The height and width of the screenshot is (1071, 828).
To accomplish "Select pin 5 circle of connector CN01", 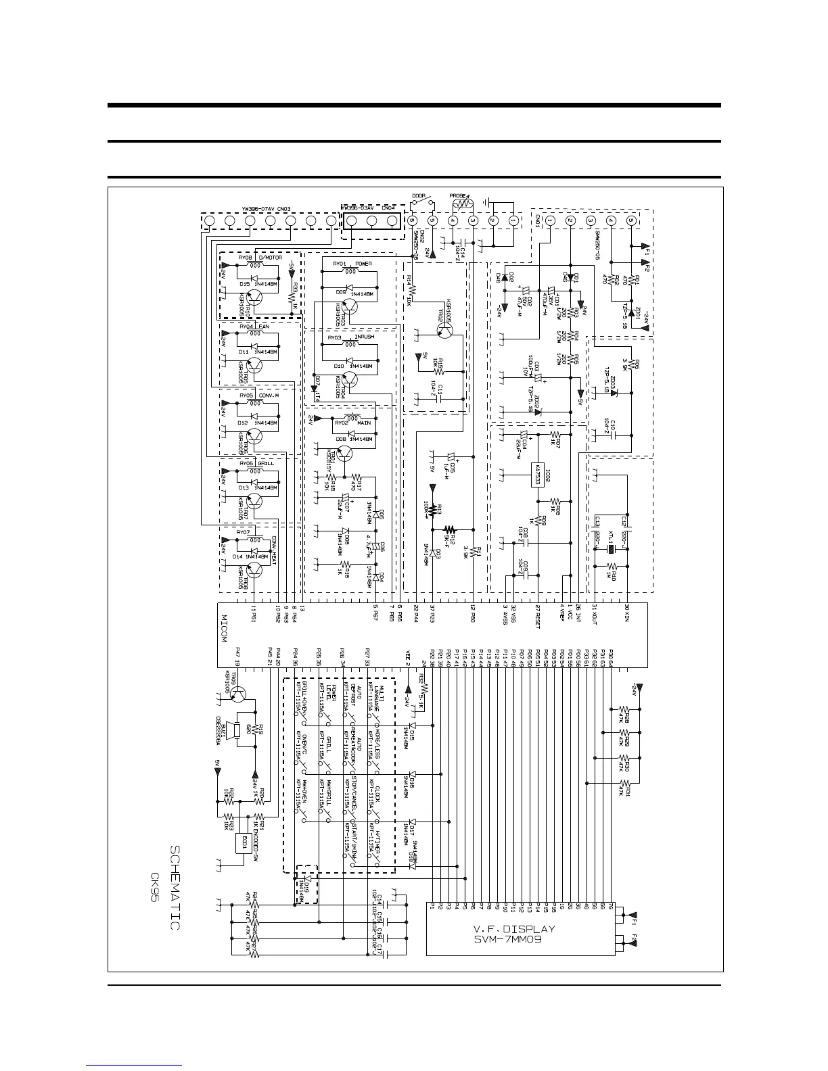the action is (631, 221).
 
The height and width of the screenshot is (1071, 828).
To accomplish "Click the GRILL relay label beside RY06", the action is (267, 464).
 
